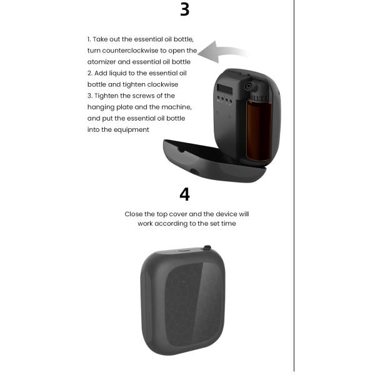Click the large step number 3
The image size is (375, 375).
(x=184, y=9)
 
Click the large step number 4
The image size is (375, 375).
(x=184, y=194)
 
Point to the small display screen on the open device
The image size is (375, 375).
(x=224, y=89)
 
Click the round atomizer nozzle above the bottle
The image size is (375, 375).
(x=249, y=86)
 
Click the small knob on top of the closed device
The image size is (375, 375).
(x=207, y=247)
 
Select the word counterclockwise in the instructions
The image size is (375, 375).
(x=130, y=51)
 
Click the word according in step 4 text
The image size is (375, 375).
(x=171, y=224)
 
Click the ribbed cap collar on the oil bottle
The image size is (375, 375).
(x=259, y=97)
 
